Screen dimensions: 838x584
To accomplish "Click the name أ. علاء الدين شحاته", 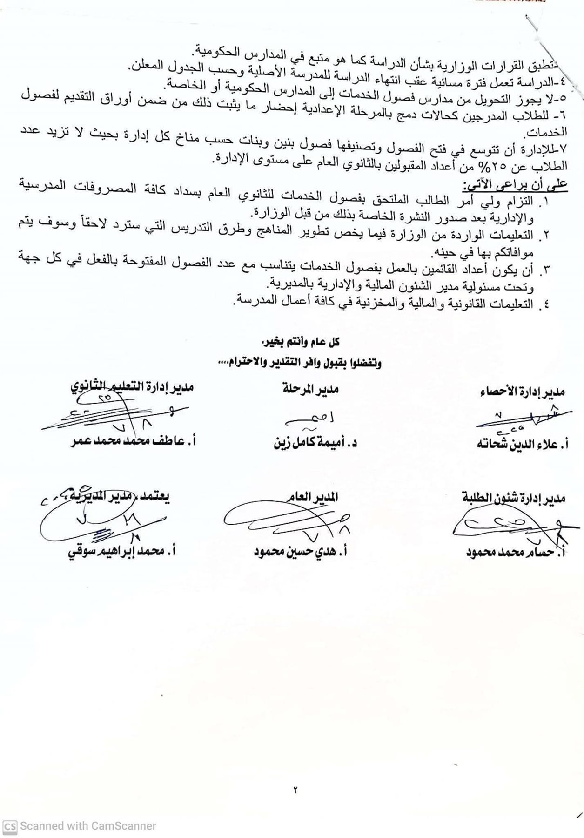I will click(522, 444).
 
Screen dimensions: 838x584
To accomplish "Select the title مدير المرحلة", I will click(310, 389).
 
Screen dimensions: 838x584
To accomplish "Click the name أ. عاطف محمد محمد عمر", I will click(133, 441).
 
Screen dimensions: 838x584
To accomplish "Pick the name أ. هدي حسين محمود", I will click(301, 552).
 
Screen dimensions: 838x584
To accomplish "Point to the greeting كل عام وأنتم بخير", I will click(301, 342).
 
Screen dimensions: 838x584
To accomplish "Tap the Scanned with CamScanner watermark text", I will click(88, 826).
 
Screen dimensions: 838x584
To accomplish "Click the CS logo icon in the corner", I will click(10, 826).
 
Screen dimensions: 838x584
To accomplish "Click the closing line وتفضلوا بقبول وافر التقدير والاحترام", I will click(299, 363).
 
